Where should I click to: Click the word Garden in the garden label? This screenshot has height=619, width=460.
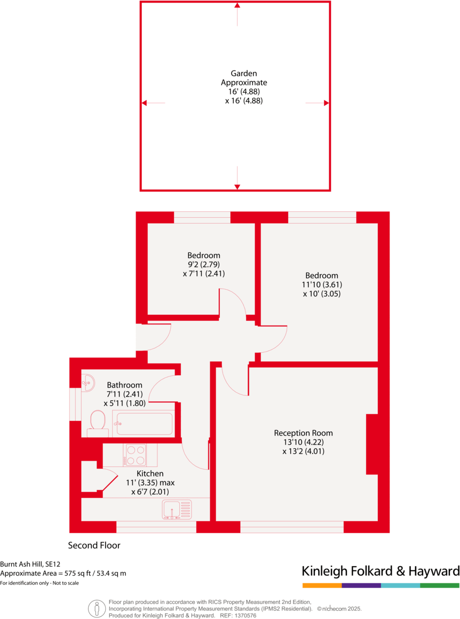(244, 74)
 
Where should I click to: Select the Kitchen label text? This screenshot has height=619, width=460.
(150, 473)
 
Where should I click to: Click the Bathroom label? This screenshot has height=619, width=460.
(124, 385)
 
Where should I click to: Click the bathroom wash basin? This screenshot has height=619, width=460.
(88, 382)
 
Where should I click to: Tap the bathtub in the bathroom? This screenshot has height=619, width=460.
(144, 423)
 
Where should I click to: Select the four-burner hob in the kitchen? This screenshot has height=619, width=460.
(135, 455)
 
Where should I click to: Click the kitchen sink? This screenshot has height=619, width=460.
(176, 510)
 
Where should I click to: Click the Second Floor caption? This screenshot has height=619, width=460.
(94, 545)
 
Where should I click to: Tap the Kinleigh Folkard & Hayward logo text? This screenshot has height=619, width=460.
(380, 571)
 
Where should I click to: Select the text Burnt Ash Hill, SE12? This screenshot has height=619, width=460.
(30, 564)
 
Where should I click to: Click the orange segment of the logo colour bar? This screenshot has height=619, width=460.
(322, 585)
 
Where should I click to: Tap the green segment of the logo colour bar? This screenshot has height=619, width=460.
(440, 585)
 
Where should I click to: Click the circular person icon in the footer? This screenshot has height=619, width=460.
(97, 607)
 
